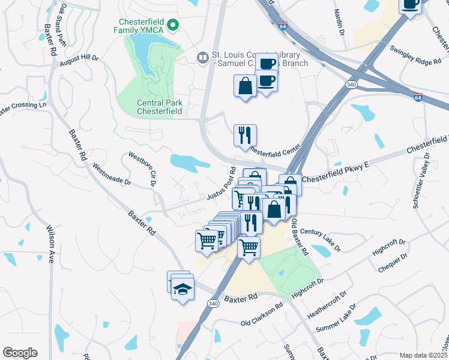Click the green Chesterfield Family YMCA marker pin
(173, 25)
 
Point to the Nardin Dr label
(340, 20)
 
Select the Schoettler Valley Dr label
(421, 180)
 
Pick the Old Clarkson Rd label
(262, 315)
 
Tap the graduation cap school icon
(182, 289)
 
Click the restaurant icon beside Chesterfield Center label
(245, 134)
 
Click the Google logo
(20, 353)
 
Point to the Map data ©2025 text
(423, 355)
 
